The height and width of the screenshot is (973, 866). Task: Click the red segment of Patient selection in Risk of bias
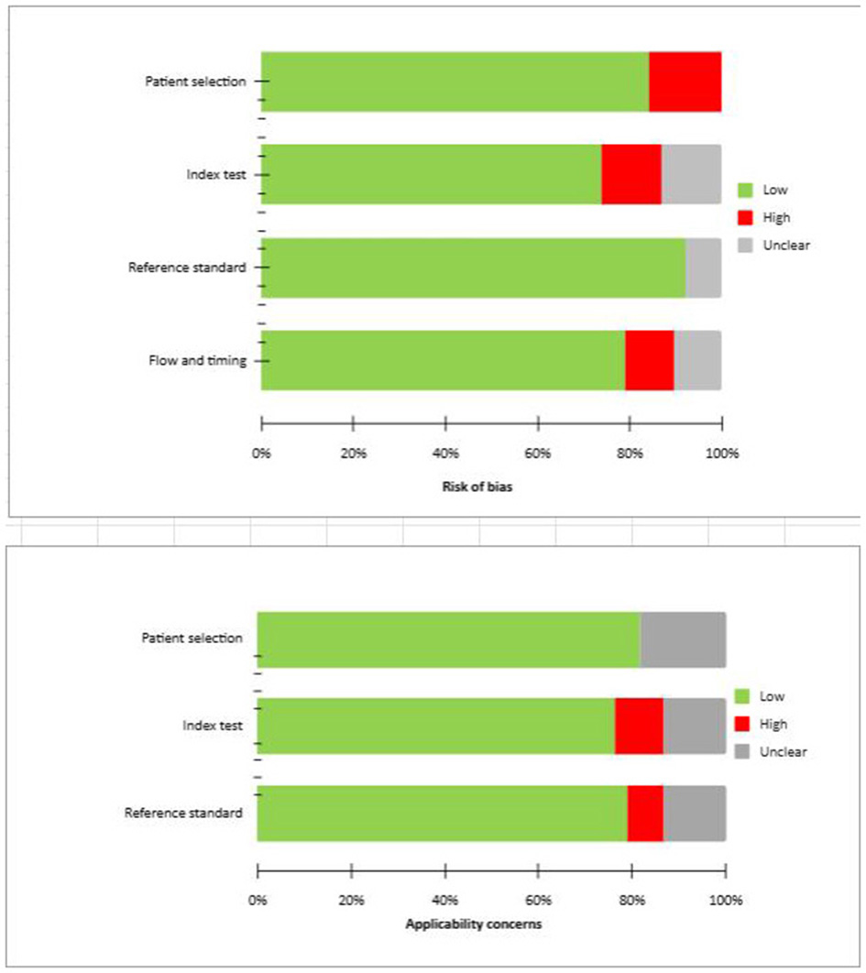click(685, 82)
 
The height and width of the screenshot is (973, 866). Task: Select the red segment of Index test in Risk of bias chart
click(631, 174)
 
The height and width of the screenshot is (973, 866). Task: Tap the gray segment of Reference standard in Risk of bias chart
click(703, 268)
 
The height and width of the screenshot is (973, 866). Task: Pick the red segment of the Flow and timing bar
click(650, 361)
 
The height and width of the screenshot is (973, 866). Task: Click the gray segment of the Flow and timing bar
click(697, 361)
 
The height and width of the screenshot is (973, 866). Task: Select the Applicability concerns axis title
click(474, 924)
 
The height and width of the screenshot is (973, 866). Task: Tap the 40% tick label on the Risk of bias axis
click(445, 453)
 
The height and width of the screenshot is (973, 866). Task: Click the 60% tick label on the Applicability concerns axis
click(539, 900)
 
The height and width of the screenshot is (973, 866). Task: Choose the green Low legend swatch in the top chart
click(745, 191)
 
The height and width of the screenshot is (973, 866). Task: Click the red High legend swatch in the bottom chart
click(742, 724)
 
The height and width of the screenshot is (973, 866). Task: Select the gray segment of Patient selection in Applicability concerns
click(683, 640)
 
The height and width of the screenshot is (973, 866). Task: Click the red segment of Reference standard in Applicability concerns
click(645, 814)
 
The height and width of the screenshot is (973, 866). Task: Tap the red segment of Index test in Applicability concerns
click(639, 726)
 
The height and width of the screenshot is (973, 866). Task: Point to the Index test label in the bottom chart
click(213, 726)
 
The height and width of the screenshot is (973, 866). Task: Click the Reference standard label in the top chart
click(187, 268)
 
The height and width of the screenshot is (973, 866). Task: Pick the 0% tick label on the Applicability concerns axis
click(258, 900)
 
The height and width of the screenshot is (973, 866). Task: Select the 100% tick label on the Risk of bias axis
click(722, 453)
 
